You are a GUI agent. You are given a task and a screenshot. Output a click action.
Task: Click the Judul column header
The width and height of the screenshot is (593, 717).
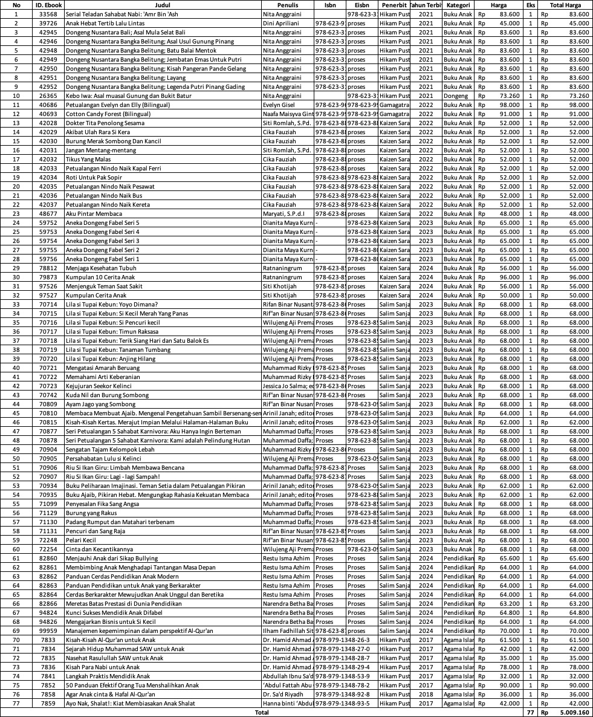pyautogui.click(x=162, y=5)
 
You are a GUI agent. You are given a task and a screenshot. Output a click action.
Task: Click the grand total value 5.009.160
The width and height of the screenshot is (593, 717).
pyautogui.click(x=571, y=712)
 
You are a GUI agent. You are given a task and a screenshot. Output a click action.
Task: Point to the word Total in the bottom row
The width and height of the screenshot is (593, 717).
pyautogui.click(x=262, y=712)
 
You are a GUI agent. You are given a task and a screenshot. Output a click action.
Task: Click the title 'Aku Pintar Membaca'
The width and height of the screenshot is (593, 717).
pyautogui.click(x=94, y=213)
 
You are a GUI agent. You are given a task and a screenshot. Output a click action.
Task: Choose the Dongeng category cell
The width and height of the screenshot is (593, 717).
pyautogui.click(x=455, y=96)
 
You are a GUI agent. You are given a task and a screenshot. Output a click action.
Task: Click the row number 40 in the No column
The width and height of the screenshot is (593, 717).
pyautogui.click(x=16, y=368)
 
